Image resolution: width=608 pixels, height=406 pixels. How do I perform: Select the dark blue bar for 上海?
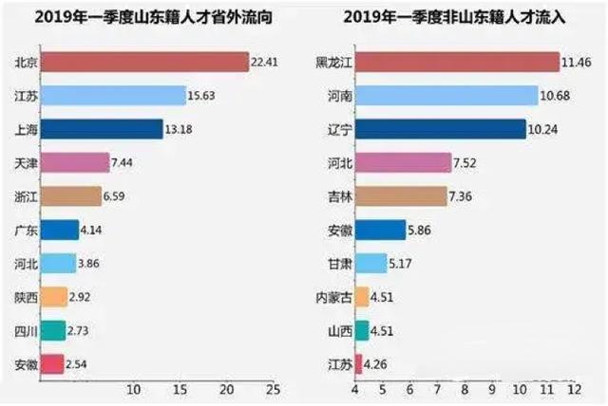tap(102, 129)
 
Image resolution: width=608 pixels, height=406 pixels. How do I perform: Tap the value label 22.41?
tap(263, 63)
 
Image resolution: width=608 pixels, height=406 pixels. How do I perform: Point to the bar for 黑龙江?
tap(457, 63)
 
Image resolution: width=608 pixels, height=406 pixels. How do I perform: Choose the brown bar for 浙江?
tap(70, 196)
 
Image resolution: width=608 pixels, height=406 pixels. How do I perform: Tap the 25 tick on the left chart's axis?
tap(273, 389)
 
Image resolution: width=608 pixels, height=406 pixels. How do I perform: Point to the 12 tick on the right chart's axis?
tap(574, 389)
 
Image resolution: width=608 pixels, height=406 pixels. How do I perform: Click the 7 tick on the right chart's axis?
tap(437, 389)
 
